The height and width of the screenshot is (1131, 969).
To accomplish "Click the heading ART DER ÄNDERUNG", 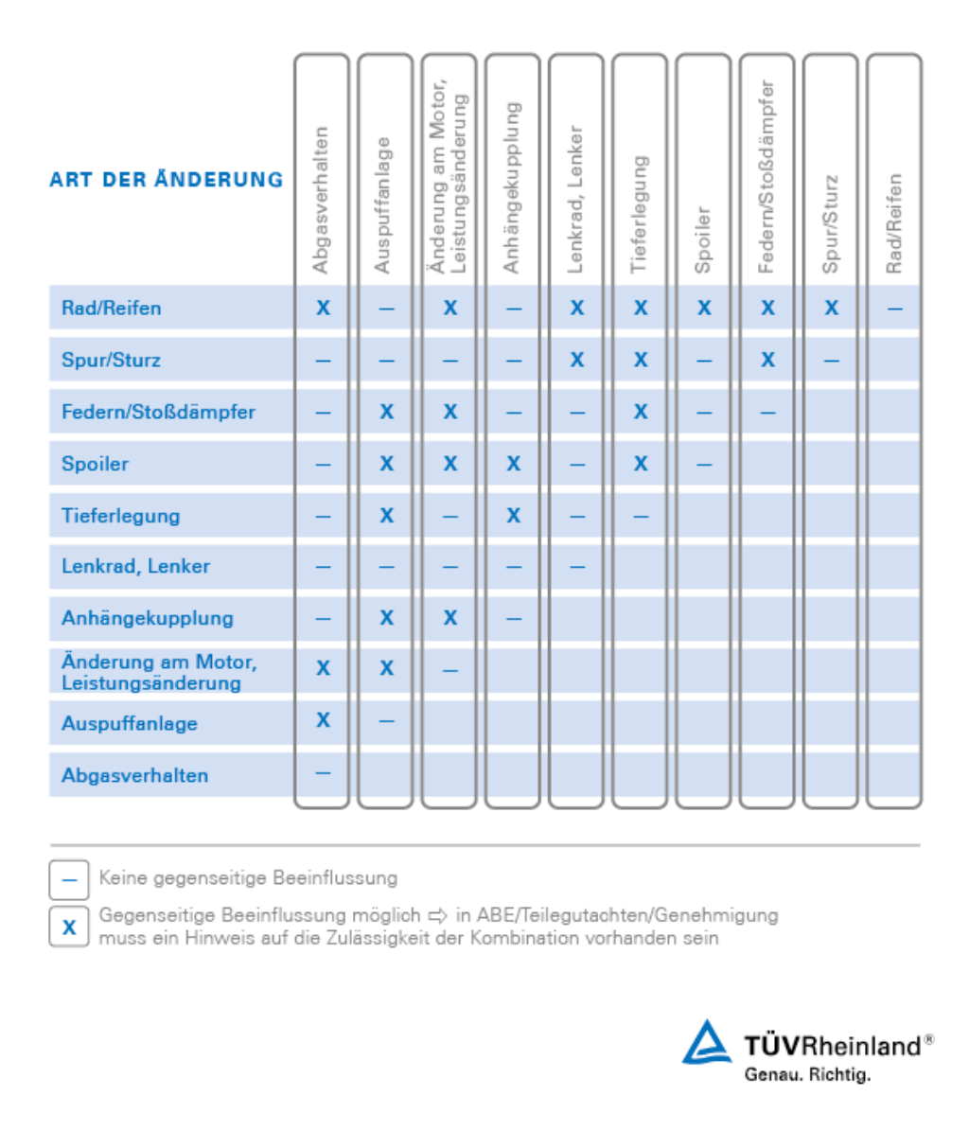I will [167, 180].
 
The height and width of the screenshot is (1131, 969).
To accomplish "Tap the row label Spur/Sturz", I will [111, 360].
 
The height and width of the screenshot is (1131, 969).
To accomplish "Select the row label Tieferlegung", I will [120, 516].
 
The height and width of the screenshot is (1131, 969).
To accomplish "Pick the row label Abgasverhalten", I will [134, 775].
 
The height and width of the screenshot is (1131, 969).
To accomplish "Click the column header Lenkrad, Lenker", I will [574, 200].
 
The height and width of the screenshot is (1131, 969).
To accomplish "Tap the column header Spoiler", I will [702, 240].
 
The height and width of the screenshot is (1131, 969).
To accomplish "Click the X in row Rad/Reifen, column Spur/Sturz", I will [831, 308].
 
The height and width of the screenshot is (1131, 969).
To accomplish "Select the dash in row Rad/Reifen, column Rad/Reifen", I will [894, 308].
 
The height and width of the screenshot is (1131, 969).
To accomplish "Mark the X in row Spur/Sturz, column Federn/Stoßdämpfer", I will [767, 360].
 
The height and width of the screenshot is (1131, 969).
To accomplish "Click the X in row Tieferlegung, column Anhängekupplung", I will [513, 516].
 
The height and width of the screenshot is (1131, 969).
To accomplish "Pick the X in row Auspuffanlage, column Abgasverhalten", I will [323, 720].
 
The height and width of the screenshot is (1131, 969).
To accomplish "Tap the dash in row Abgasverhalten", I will [323, 773].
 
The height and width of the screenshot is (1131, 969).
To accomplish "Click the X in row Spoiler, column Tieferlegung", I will [641, 464].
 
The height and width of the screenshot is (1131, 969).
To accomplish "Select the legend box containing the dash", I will [69, 879].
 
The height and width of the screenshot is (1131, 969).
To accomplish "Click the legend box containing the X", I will [69, 927].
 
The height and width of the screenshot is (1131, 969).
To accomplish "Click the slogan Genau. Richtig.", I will [806, 1075].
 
